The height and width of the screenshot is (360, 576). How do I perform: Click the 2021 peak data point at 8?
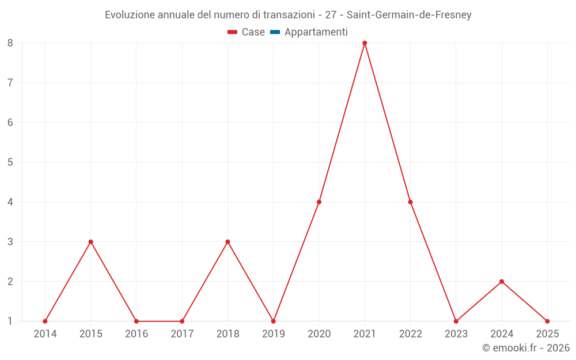[x=365, y=43]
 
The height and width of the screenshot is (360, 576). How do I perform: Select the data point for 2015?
[x=90, y=242]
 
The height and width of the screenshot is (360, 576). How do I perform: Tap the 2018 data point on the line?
[x=228, y=242]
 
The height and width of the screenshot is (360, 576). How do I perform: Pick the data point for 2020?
[x=319, y=202]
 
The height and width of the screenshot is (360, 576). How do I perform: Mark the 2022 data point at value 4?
[x=410, y=202]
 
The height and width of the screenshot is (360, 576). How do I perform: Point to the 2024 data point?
[x=502, y=282]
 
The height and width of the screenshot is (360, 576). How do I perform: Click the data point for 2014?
[x=45, y=321]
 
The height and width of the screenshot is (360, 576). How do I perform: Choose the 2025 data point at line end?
[x=547, y=321]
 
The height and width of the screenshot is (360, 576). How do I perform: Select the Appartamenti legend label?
[x=316, y=32]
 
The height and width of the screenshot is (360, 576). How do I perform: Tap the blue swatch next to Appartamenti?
[x=275, y=32]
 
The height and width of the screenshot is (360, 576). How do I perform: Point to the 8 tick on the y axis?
[x=10, y=43]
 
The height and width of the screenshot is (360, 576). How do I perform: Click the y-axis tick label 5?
[x=10, y=162]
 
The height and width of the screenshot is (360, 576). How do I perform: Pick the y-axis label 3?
[x=10, y=242]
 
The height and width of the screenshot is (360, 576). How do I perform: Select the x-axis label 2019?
[x=273, y=334]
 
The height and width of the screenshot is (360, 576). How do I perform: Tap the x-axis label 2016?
[x=136, y=334]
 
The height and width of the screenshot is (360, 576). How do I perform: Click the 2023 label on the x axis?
[x=456, y=334]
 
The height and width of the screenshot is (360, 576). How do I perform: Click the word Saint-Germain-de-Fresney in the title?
[x=409, y=15]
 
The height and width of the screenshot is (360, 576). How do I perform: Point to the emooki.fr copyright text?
[x=526, y=348]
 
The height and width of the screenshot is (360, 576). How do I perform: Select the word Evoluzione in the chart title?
[x=130, y=15]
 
